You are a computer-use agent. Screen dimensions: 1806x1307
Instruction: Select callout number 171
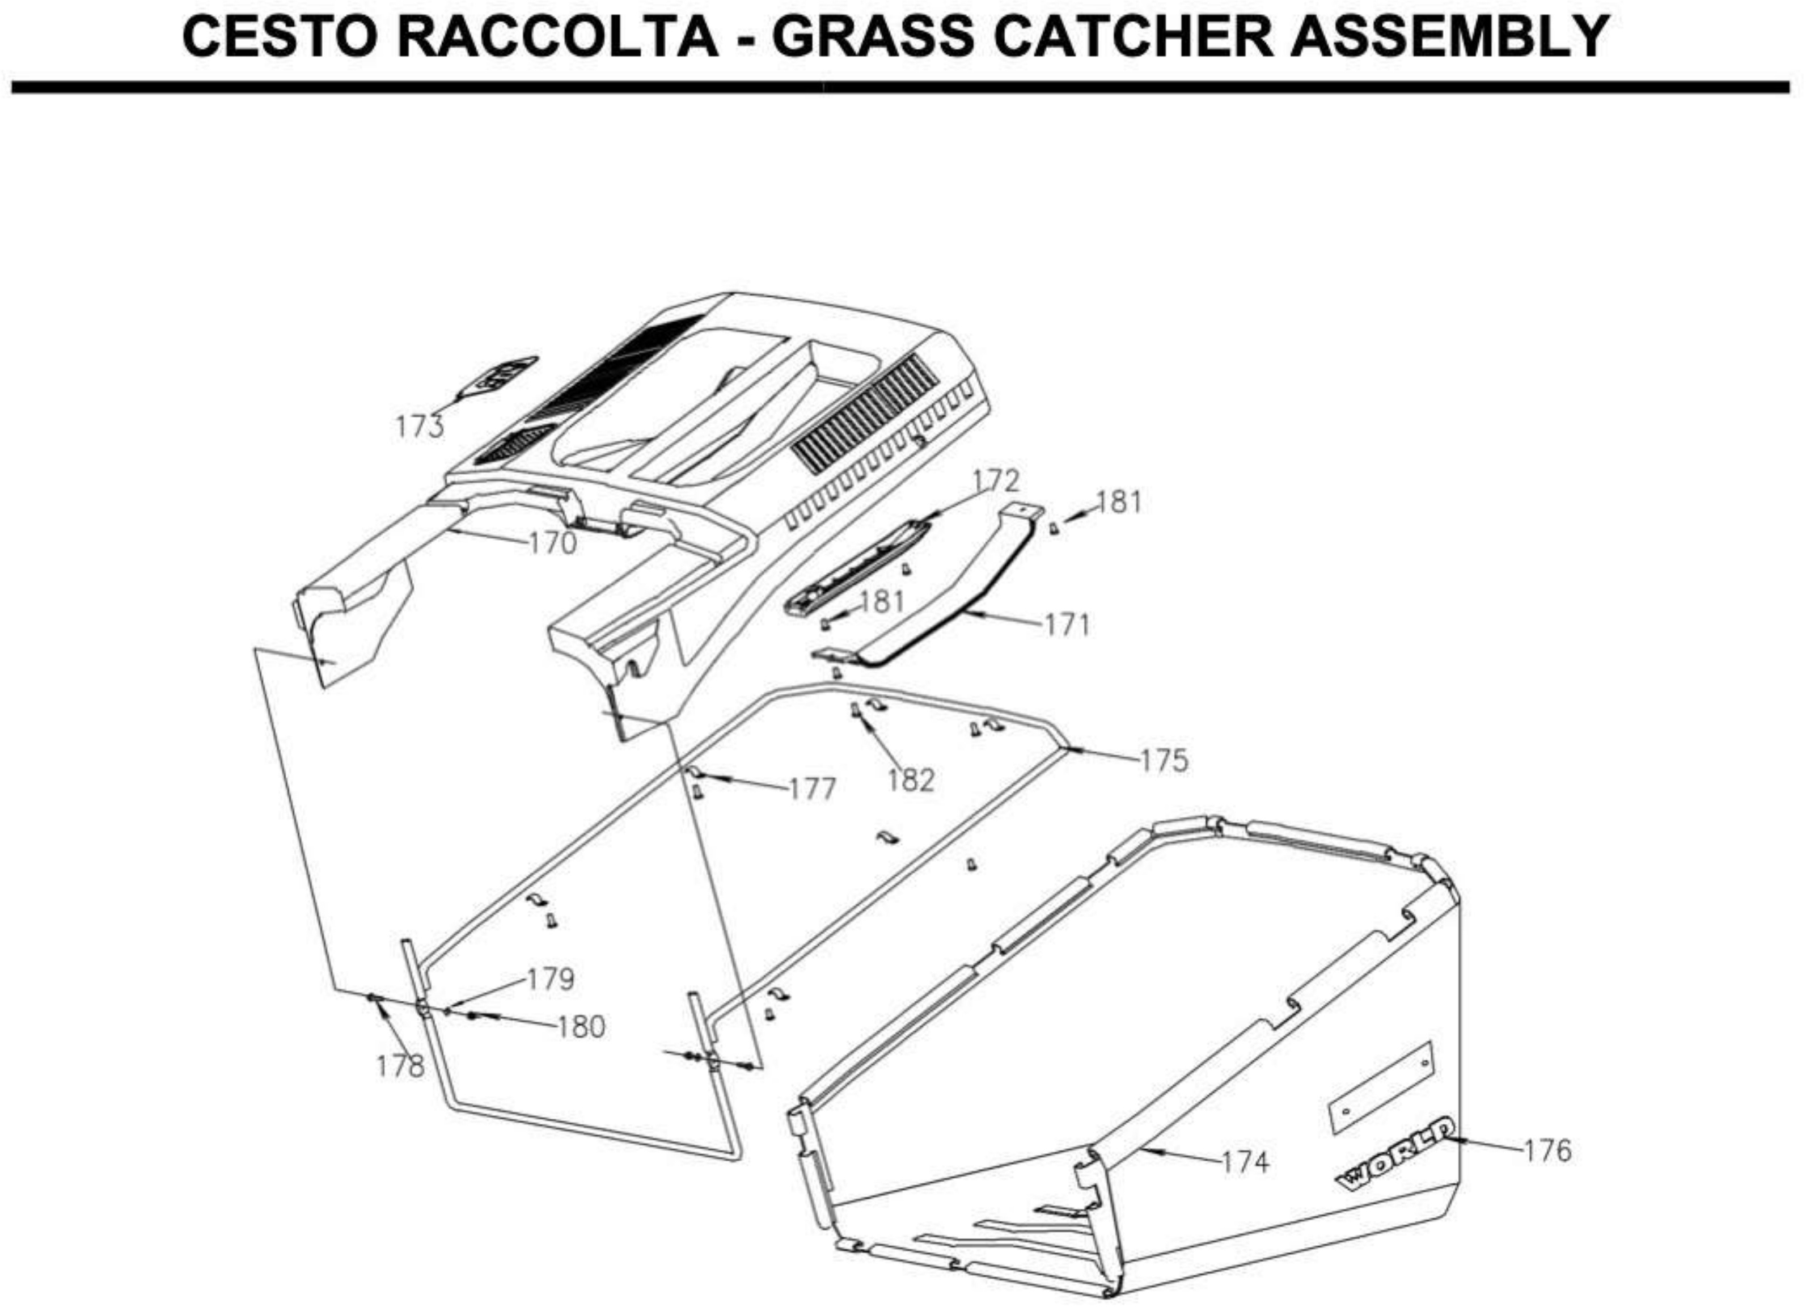coord(1067,625)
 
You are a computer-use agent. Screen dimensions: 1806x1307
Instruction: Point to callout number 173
coord(420,427)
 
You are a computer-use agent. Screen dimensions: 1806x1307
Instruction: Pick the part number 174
coord(1245,1162)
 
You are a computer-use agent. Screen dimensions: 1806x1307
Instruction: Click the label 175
coord(1164,761)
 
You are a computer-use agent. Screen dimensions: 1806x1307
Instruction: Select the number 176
coord(1548,1150)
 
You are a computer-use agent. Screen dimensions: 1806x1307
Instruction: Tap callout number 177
coord(812,789)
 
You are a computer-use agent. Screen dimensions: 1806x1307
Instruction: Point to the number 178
coord(400,1066)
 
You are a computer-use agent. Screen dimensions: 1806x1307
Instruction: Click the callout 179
coord(551,979)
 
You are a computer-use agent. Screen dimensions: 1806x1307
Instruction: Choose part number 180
coord(581,1027)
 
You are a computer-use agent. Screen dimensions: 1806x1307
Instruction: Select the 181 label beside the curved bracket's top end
coord(1119,503)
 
